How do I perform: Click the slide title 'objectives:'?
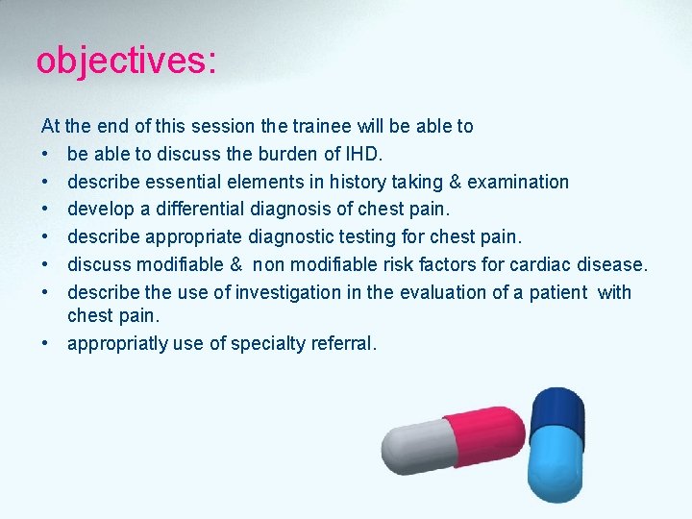[126, 61]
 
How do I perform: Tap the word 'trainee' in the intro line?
[322, 126]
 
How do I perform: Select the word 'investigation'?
[288, 292]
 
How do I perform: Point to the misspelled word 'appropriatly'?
[116, 343]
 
